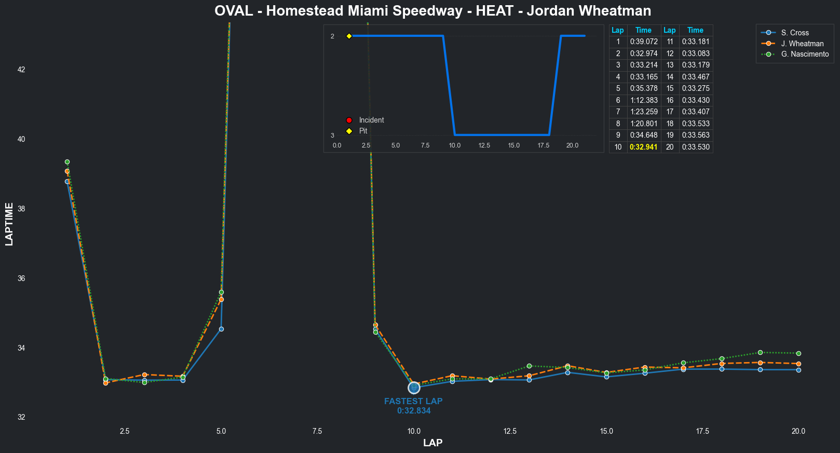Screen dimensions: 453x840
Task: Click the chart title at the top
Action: [x=432, y=11]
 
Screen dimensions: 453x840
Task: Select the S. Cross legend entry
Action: [x=794, y=33]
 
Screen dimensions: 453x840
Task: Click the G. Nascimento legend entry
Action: [x=804, y=54]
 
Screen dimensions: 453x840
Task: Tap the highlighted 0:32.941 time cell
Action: [x=643, y=147]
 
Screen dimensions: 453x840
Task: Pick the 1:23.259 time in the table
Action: [x=643, y=112]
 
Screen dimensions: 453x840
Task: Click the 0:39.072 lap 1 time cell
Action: [x=643, y=42]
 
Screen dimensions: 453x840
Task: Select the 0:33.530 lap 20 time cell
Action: [x=695, y=147]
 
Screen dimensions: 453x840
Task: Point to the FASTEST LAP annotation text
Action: [x=413, y=401]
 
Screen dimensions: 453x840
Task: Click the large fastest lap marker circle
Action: [x=414, y=388]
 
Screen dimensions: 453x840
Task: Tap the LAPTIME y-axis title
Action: [x=9, y=224]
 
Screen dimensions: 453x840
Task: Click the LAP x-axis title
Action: [x=432, y=443]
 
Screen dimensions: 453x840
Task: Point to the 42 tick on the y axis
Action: [x=21, y=70]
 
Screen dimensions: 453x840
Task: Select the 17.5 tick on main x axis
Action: [x=702, y=431]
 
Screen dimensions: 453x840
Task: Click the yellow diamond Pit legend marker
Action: [x=349, y=131]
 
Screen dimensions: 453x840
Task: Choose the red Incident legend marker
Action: [x=349, y=120]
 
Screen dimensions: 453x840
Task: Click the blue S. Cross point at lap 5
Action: [x=221, y=329]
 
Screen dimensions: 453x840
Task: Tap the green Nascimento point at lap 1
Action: [x=67, y=162]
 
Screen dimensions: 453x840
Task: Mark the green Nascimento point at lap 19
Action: [x=760, y=352]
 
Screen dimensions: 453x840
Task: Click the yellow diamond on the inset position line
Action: [x=349, y=36]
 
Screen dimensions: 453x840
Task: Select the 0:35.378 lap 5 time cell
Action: [x=643, y=88]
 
